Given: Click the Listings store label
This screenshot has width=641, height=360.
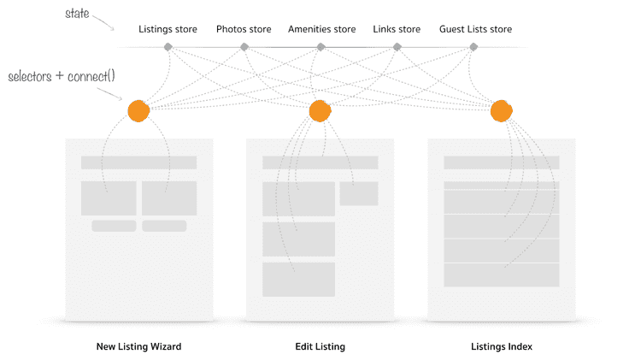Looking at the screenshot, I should coord(168,30).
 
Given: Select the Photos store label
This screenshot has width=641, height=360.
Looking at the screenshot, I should coord(244,30).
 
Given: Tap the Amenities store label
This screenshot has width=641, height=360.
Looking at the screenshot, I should coord(320,30).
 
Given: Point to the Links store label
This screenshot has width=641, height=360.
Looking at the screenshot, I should coord(397,30).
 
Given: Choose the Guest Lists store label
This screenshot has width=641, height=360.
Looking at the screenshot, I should coord(475,30).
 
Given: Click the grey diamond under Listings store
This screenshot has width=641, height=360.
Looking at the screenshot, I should coord(168,47).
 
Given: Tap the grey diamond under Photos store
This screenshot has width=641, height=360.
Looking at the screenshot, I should coord(244,47).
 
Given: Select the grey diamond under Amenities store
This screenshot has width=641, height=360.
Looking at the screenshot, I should coord(320,47).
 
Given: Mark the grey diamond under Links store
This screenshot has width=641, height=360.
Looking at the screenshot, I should coord(397,47).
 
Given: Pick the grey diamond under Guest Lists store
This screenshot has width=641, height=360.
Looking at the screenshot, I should coord(473,47).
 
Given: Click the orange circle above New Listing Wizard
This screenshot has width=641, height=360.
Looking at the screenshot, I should coord(138,111).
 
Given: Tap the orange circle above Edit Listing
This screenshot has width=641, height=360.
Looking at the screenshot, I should coord(320,111).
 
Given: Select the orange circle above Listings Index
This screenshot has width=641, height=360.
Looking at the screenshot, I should coord(501,111).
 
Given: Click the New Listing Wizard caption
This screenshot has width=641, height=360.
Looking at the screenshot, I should coord(138,347).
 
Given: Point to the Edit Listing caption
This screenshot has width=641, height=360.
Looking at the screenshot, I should coord(320,347).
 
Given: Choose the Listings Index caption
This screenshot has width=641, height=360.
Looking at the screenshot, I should coord(501,347).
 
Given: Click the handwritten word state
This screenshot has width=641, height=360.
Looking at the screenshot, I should coord(79,15).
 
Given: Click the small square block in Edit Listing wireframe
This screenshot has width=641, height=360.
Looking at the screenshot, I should coord(358,193).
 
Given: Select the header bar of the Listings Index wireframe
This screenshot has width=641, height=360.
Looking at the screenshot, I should coord(501,162).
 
